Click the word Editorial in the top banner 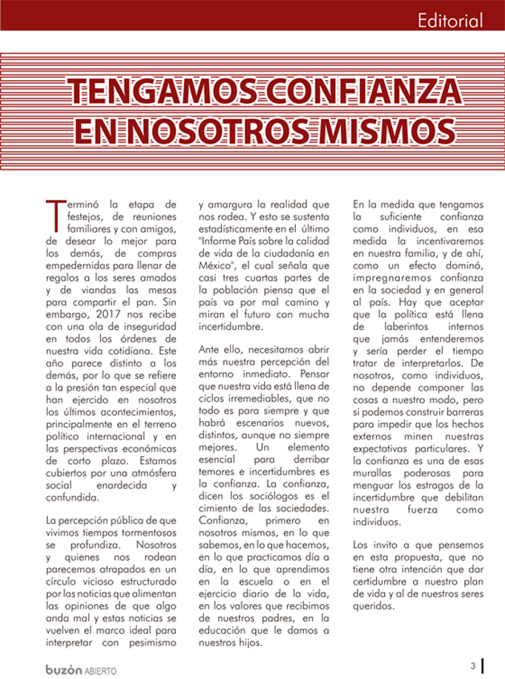tap(450, 20)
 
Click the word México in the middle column tap(217, 264)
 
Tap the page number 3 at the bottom tap(472, 665)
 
